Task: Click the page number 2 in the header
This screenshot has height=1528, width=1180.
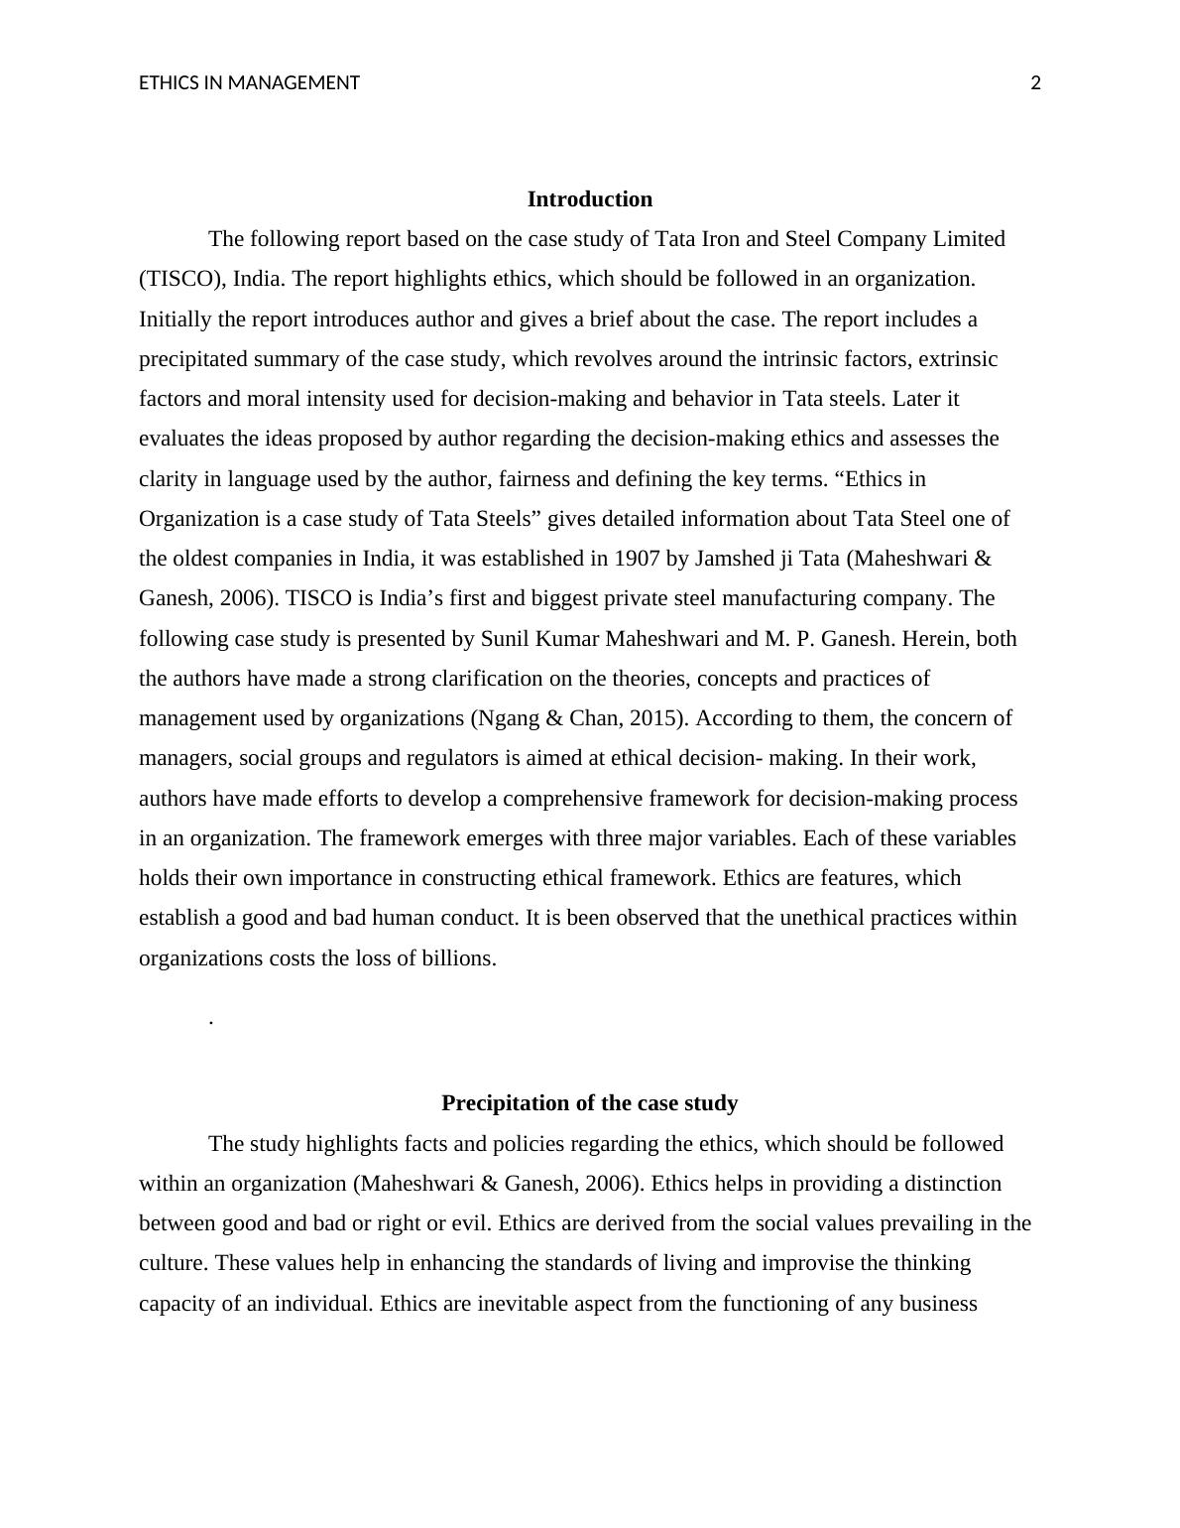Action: (x=1036, y=83)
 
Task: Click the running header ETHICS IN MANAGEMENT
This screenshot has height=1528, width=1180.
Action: (x=249, y=83)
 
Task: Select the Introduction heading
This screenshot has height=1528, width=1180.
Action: (x=589, y=199)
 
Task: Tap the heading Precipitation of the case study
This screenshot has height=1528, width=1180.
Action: (x=589, y=1103)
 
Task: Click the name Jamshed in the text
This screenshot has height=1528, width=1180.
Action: (x=735, y=559)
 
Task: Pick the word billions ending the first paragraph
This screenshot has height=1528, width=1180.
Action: (x=462, y=958)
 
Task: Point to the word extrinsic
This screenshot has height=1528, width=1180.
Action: (x=959, y=359)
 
